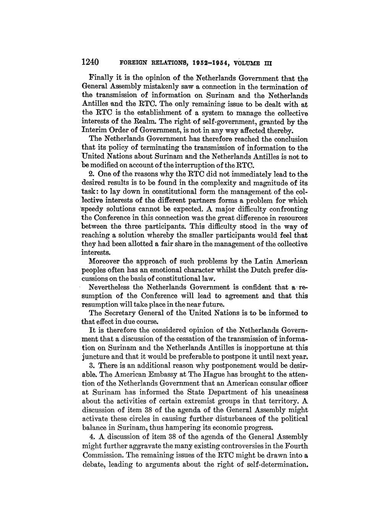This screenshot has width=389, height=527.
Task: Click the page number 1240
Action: pyautogui.click(x=91, y=61)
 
